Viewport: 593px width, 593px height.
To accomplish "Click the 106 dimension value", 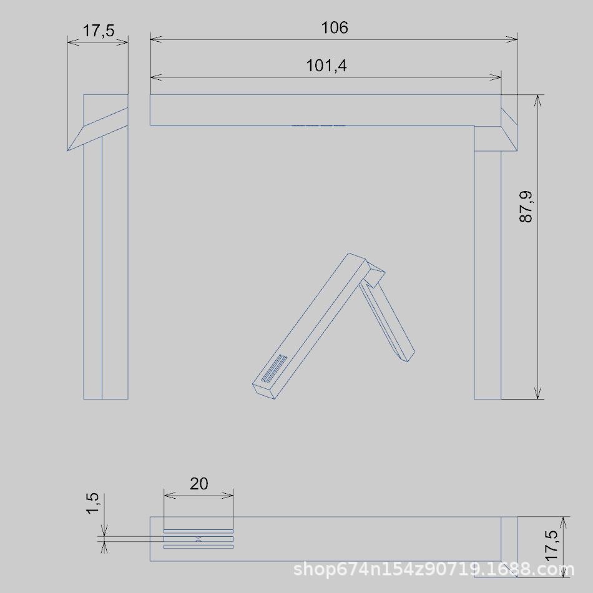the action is point(335,27).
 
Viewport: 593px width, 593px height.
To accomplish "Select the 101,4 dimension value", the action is point(326,66).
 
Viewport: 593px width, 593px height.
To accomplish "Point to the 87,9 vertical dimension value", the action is point(526,207).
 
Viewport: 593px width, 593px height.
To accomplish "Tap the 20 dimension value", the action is point(199,484).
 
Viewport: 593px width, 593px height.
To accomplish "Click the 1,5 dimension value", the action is point(92,503).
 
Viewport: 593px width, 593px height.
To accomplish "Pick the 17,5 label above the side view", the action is point(99,31).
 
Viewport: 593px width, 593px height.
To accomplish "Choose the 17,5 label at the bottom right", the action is point(551,545).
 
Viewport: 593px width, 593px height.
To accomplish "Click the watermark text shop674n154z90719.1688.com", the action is point(434,569).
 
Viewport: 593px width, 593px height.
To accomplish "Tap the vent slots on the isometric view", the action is point(274,368).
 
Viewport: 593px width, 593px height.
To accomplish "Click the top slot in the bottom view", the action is point(198,531).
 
